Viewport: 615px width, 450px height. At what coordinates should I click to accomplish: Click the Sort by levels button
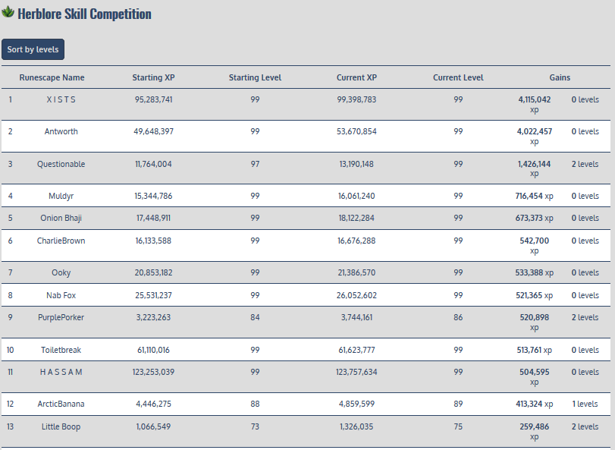[x=33, y=49]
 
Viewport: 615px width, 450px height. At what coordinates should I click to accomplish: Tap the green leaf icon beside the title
[x=8, y=13]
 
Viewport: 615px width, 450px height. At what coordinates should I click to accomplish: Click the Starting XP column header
[x=153, y=77]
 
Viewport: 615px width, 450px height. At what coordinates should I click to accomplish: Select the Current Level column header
[x=458, y=77]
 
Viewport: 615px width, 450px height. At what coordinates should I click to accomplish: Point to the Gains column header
[x=560, y=77]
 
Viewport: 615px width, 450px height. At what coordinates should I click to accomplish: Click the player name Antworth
[x=61, y=131]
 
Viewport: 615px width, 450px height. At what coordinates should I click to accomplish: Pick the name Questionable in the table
[x=61, y=164]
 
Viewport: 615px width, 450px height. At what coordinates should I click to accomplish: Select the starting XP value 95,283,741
[x=153, y=99]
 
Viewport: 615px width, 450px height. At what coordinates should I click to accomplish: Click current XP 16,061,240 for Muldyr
[x=356, y=196]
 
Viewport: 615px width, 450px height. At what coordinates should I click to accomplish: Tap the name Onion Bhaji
[x=61, y=218]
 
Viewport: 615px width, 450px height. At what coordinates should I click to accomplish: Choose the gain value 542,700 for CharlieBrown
[x=535, y=241]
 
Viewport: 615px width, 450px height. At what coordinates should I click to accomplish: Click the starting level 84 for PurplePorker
[x=255, y=317]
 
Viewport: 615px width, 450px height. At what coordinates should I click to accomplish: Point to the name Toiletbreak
[x=61, y=350]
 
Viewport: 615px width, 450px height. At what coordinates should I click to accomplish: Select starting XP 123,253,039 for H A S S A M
[x=153, y=372]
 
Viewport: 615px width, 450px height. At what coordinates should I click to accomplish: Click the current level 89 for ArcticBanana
[x=458, y=404]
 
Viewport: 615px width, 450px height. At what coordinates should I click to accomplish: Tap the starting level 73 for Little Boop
[x=255, y=426]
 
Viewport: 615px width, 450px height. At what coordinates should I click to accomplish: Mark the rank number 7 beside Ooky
[x=11, y=272]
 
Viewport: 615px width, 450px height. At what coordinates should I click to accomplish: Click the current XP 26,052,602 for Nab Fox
[x=356, y=295]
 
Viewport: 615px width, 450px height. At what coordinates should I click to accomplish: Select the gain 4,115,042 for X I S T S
[x=535, y=99]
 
